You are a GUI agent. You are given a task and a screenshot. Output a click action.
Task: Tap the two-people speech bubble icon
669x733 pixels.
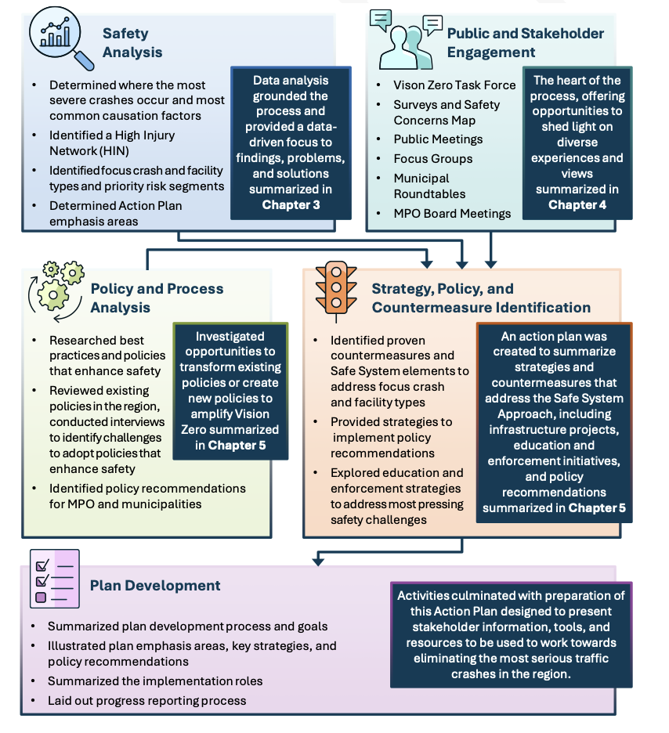[404, 41]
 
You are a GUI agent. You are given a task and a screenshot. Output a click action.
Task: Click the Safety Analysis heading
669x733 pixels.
[132, 43]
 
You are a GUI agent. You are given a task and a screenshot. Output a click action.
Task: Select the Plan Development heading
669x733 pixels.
[155, 585]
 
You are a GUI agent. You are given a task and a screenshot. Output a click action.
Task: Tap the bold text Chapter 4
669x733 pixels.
[577, 204]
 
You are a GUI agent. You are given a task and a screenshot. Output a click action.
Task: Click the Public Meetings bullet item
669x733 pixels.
[438, 139]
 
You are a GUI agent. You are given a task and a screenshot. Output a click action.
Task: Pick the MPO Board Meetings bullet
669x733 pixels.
[452, 213]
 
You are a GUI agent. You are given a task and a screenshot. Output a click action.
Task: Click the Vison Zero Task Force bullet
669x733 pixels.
[454, 85]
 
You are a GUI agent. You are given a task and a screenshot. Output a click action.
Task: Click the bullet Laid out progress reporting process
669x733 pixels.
[146, 700]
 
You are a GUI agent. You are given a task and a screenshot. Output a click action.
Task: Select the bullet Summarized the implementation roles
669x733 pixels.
[155, 681]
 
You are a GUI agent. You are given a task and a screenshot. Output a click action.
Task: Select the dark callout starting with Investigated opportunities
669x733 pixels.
[230, 391]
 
